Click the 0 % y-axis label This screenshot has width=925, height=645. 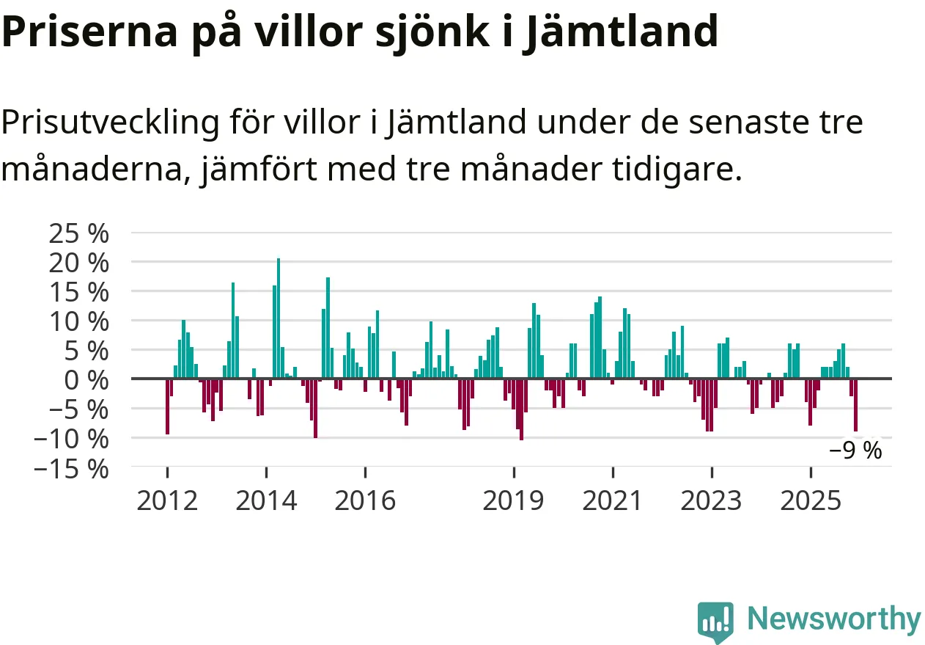click(88, 379)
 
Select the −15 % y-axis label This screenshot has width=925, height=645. click(73, 467)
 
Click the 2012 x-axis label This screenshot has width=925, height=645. click(167, 501)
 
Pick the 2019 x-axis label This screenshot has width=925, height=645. click(514, 501)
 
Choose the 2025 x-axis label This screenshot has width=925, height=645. click(810, 501)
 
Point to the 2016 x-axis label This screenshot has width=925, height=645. click(365, 501)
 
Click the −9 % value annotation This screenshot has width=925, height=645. click(855, 451)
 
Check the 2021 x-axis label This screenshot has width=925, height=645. click(613, 501)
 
